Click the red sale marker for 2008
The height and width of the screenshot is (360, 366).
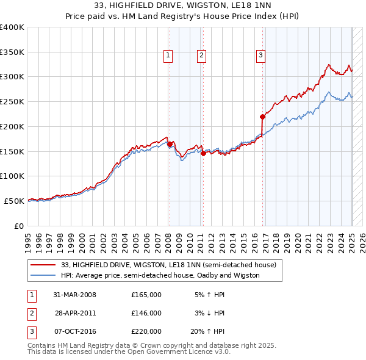(170, 144)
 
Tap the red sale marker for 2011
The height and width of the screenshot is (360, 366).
(203, 154)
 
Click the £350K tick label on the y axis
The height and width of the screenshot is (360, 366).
(12, 52)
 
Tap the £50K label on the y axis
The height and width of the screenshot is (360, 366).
(14, 200)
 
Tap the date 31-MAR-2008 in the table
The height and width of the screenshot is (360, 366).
(75, 295)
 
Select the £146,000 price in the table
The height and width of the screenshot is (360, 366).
(146, 313)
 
